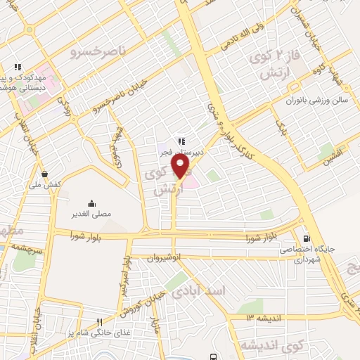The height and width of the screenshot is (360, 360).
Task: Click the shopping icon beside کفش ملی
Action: pos(45,174)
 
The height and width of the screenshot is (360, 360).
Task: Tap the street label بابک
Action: pos(283,128)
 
